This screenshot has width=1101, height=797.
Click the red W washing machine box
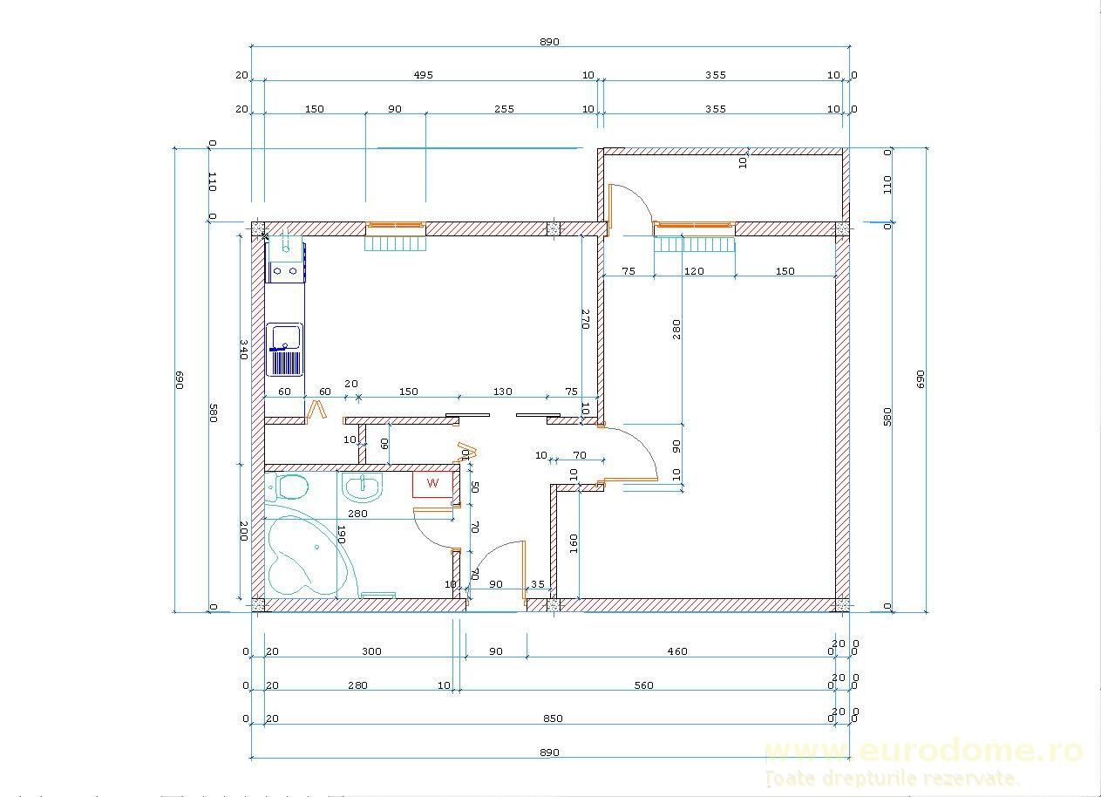tap(432, 483)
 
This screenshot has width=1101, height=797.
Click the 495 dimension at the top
tap(424, 75)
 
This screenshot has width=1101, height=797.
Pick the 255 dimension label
tap(504, 109)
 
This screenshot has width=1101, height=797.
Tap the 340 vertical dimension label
tap(244, 349)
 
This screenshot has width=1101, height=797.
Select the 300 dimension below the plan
tap(372, 651)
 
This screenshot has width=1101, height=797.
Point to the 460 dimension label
tap(677, 651)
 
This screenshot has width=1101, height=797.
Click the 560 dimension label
tap(643, 685)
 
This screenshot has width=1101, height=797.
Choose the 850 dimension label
tap(553, 719)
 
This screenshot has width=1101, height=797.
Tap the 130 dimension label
tap(502, 392)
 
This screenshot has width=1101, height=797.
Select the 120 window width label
tap(694, 271)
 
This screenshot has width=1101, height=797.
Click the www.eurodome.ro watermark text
tap(923, 751)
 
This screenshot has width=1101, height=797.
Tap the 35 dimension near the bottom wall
tap(538, 584)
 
